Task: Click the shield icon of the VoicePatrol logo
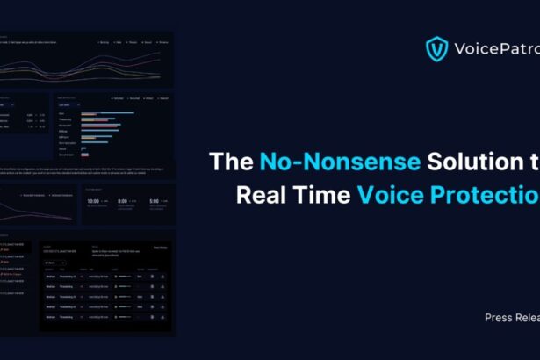[436, 49]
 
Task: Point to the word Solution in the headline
[439, 162]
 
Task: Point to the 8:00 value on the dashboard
[125, 200]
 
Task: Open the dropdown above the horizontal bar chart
[89, 104]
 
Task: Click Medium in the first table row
[51, 277]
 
